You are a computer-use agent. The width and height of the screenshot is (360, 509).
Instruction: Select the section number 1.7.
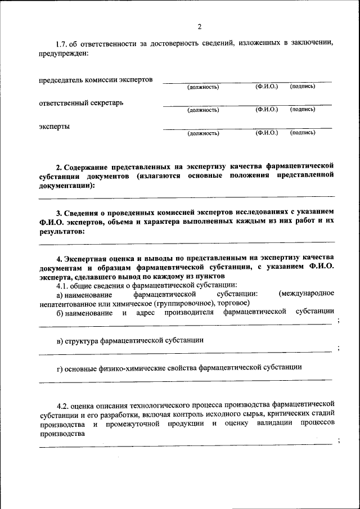click(64, 44)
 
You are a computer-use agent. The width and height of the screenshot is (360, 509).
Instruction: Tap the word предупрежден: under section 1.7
click(64, 53)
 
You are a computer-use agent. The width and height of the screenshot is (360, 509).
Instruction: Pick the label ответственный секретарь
click(81, 103)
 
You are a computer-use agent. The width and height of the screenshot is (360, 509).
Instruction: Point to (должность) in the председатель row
click(203, 87)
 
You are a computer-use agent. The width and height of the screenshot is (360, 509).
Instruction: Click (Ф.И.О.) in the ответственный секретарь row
click(267, 110)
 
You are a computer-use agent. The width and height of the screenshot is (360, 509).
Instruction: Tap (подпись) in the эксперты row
click(303, 133)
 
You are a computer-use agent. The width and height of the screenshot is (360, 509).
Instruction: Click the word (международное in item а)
click(306, 294)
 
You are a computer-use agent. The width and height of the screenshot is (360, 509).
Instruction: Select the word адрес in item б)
click(145, 312)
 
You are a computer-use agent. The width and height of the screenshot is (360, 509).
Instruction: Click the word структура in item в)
click(82, 340)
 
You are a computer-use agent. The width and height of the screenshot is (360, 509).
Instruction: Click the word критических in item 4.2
click(281, 413)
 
